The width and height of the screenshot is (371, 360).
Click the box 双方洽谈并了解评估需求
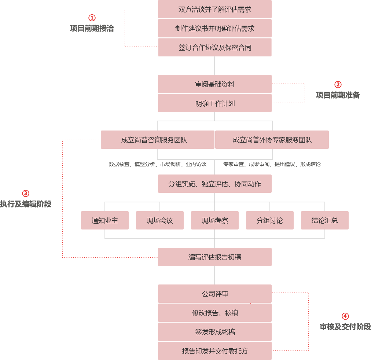(214, 10)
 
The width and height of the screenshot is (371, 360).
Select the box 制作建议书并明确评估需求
(214, 29)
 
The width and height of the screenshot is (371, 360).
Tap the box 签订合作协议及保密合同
(214, 48)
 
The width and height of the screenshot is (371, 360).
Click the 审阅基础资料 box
(214, 84)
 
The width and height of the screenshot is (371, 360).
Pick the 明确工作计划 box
(214, 103)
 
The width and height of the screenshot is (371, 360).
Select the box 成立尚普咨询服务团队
(157, 140)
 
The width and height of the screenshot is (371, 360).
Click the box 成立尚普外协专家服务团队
(272, 140)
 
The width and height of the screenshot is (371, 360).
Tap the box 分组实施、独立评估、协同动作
(214, 184)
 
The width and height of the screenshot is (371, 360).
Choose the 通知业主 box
(105, 221)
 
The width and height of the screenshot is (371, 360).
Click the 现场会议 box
(160, 221)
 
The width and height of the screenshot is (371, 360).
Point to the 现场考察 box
(214, 221)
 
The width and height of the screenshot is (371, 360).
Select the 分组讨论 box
(269, 221)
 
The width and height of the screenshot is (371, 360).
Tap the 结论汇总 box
(324, 221)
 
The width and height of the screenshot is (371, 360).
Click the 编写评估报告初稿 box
(214, 257)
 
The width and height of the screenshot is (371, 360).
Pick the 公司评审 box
(214, 294)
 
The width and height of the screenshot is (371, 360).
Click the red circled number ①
(92, 18)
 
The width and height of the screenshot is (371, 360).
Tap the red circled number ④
(345, 316)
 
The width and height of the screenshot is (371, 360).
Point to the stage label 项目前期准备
(338, 95)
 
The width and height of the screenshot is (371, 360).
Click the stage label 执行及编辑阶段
(26, 204)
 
